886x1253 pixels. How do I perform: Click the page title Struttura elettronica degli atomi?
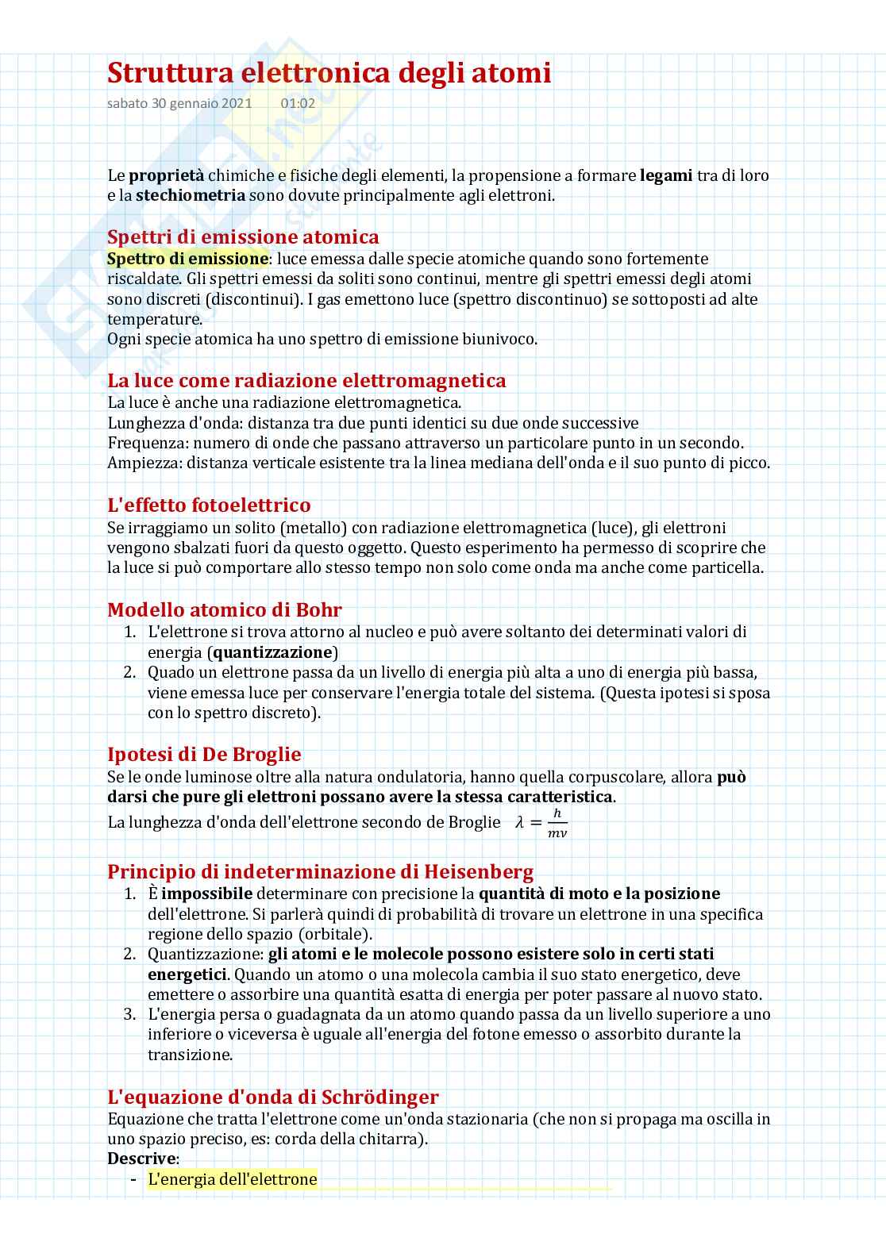(x=329, y=73)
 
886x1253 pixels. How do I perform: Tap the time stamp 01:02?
(x=298, y=103)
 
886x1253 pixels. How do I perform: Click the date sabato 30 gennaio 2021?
(x=179, y=103)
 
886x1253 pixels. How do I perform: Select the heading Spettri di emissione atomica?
(x=243, y=236)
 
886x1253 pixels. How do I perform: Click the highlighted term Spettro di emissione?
(x=187, y=259)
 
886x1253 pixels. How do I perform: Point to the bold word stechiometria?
(x=190, y=195)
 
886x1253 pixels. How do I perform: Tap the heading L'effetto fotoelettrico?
(x=209, y=505)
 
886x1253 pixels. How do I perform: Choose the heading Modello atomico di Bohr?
(x=225, y=609)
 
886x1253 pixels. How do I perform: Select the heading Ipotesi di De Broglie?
(x=204, y=754)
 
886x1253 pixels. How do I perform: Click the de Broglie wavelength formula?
(x=541, y=823)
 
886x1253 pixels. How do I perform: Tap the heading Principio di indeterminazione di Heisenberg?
(x=320, y=871)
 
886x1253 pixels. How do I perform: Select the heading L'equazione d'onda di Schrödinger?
(x=273, y=1097)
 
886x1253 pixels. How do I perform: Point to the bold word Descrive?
(x=141, y=1158)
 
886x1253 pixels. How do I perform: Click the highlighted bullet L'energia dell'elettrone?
(x=232, y=1178)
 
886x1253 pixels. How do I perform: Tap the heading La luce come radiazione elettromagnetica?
(x=306, y=380)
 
